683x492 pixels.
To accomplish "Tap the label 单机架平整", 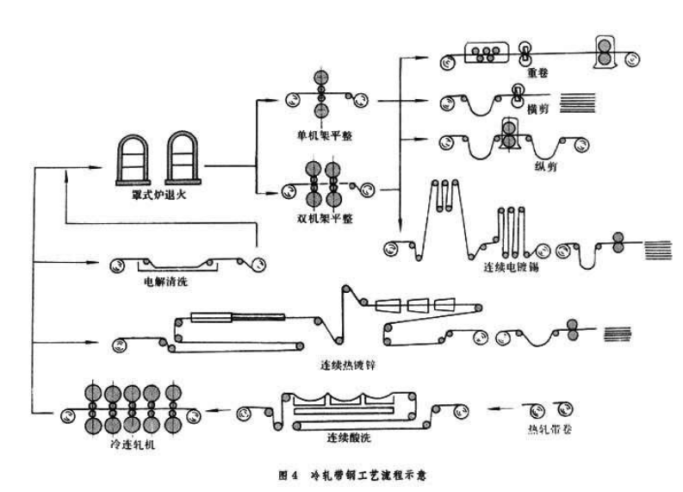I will (x=322, y=135).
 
